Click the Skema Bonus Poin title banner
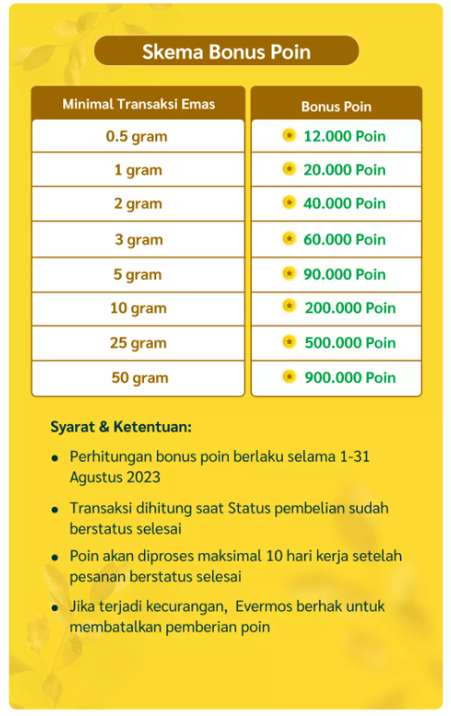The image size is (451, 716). click(226, 51)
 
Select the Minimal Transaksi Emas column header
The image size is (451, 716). click(139, 104)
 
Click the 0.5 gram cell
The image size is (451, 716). click(137, 137)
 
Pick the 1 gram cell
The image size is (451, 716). click(138, 170)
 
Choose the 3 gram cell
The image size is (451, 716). click(138, 240)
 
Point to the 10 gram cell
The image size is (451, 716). click(137, 309)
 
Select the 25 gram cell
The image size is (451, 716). click(138, 343)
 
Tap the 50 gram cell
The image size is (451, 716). click(138, 378)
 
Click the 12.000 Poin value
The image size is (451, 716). click(344, 137)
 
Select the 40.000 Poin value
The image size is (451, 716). click(344, 204)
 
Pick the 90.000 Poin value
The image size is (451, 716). click(344, 274)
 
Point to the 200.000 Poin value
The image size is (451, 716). click(350, 308)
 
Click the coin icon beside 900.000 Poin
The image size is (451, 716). click(289, 377)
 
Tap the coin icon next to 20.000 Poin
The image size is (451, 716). click(289, 169)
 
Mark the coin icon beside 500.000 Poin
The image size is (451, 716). click(289, 342)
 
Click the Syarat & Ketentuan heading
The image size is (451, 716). click(121, 428)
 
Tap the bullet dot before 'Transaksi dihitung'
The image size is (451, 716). click(56, 510)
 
